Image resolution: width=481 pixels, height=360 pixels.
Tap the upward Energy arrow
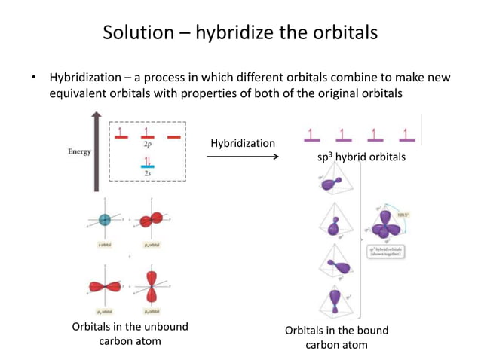click(97, 151)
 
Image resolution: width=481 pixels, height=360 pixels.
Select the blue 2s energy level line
click(147, 166)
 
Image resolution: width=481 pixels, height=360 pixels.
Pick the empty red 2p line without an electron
click(173, 138)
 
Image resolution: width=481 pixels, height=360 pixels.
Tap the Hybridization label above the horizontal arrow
click(242, 143)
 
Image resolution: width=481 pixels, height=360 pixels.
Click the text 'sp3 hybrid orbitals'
click(361, 157)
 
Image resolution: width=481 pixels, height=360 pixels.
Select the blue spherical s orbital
click(105, 219)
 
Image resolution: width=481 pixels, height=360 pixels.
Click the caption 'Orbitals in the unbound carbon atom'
click(130, 334)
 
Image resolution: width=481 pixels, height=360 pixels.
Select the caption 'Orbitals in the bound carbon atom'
click(336, 337)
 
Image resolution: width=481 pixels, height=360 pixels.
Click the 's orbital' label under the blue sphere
click(105, 246)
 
